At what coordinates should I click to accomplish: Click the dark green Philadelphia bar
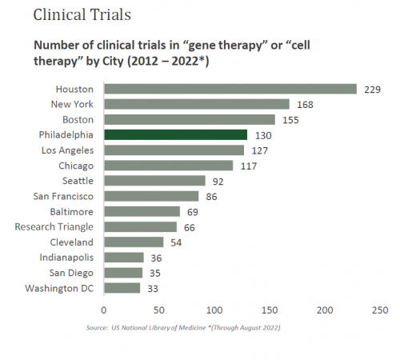[175, 135]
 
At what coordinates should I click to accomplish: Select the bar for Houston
[230, 89]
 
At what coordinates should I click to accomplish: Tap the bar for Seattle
[154, 181]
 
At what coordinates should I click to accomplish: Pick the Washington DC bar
[122, 288]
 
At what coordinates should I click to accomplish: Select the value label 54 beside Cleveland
[175, 242]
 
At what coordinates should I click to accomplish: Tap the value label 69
[192, 212]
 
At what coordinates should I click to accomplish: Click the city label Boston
[78, 119]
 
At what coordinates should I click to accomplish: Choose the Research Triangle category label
[54, 227]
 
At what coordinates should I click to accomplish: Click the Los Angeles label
[67, 150]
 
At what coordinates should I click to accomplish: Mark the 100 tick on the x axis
[214, 309]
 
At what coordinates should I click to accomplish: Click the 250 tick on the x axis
[379, 309]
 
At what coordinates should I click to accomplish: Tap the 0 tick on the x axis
[103, 309]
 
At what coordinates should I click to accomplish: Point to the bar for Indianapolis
[123, 258]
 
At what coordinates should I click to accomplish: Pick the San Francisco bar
[151, 196]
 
